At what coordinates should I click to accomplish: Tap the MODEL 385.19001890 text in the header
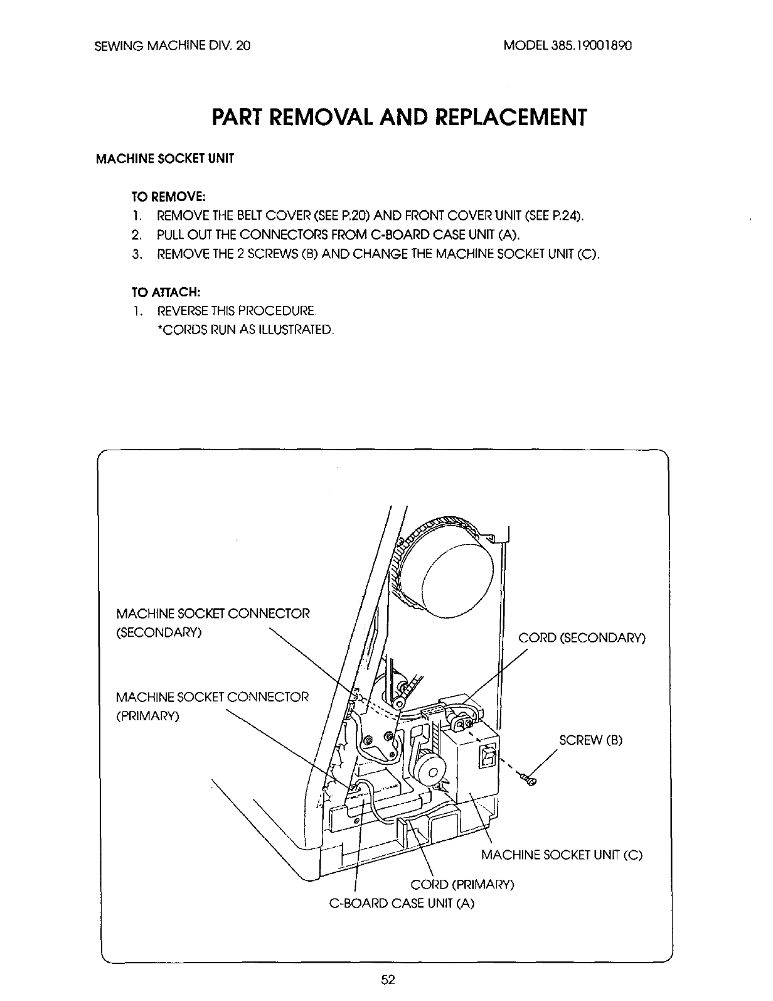click(567, 46)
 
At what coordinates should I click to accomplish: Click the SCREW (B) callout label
click(590, 740)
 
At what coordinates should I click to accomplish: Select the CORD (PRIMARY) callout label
click(462, 885)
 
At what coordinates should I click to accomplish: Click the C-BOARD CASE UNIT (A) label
click(402, 904)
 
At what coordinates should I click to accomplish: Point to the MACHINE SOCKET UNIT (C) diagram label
click(562, 855)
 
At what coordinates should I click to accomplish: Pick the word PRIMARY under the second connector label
click(148, 717)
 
